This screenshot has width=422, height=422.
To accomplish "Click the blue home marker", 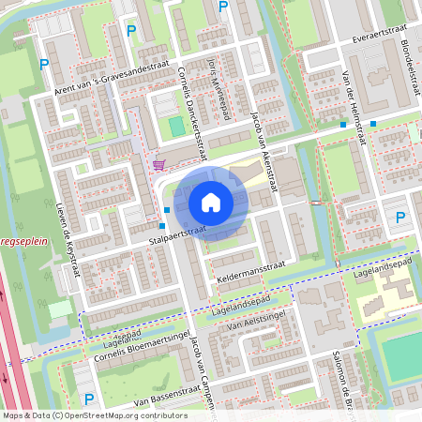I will [x=211, y=202].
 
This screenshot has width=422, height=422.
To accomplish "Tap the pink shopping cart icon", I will [x=158, y=164].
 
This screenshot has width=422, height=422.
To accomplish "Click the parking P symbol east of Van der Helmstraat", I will [x=400, y=219].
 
